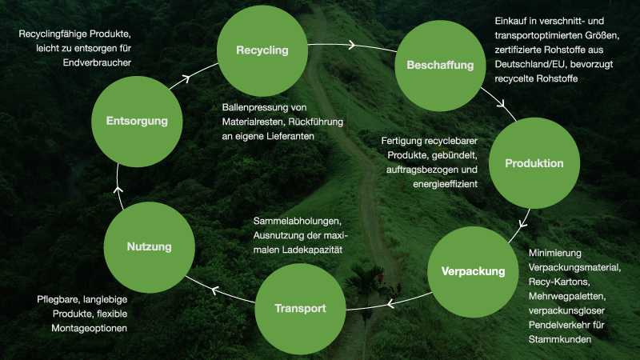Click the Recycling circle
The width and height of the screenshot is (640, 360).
pos(262,50)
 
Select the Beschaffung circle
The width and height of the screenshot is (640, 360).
pos(441,65)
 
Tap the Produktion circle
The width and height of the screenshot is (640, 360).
pos(534,163)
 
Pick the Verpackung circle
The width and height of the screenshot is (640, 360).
pos(474,271)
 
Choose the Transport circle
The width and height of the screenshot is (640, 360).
pos(300,308)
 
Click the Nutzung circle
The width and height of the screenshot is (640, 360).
pos(149,247)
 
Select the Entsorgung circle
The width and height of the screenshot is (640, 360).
pos(137,122)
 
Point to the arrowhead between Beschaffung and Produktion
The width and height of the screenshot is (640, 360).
pos(502,104)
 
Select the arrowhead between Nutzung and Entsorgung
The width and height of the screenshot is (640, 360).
pos(118,190)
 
